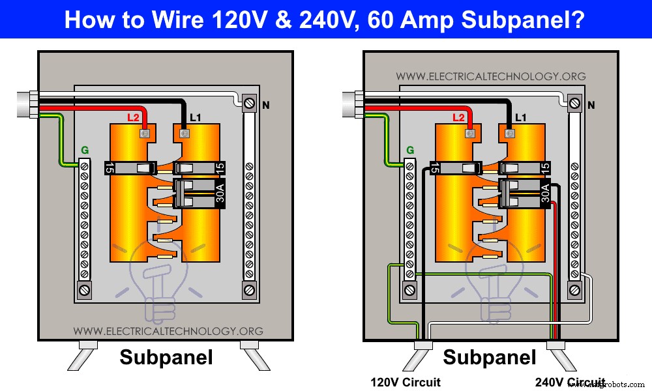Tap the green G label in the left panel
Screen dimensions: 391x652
(83, 151)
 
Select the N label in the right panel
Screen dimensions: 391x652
(591, 105)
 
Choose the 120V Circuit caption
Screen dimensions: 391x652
(405, 382)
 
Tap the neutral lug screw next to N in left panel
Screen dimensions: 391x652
(249, 103)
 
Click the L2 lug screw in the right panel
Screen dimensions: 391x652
(467, 134)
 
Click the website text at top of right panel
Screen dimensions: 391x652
(490, 76)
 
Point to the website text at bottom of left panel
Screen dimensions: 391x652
(168, 331)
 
